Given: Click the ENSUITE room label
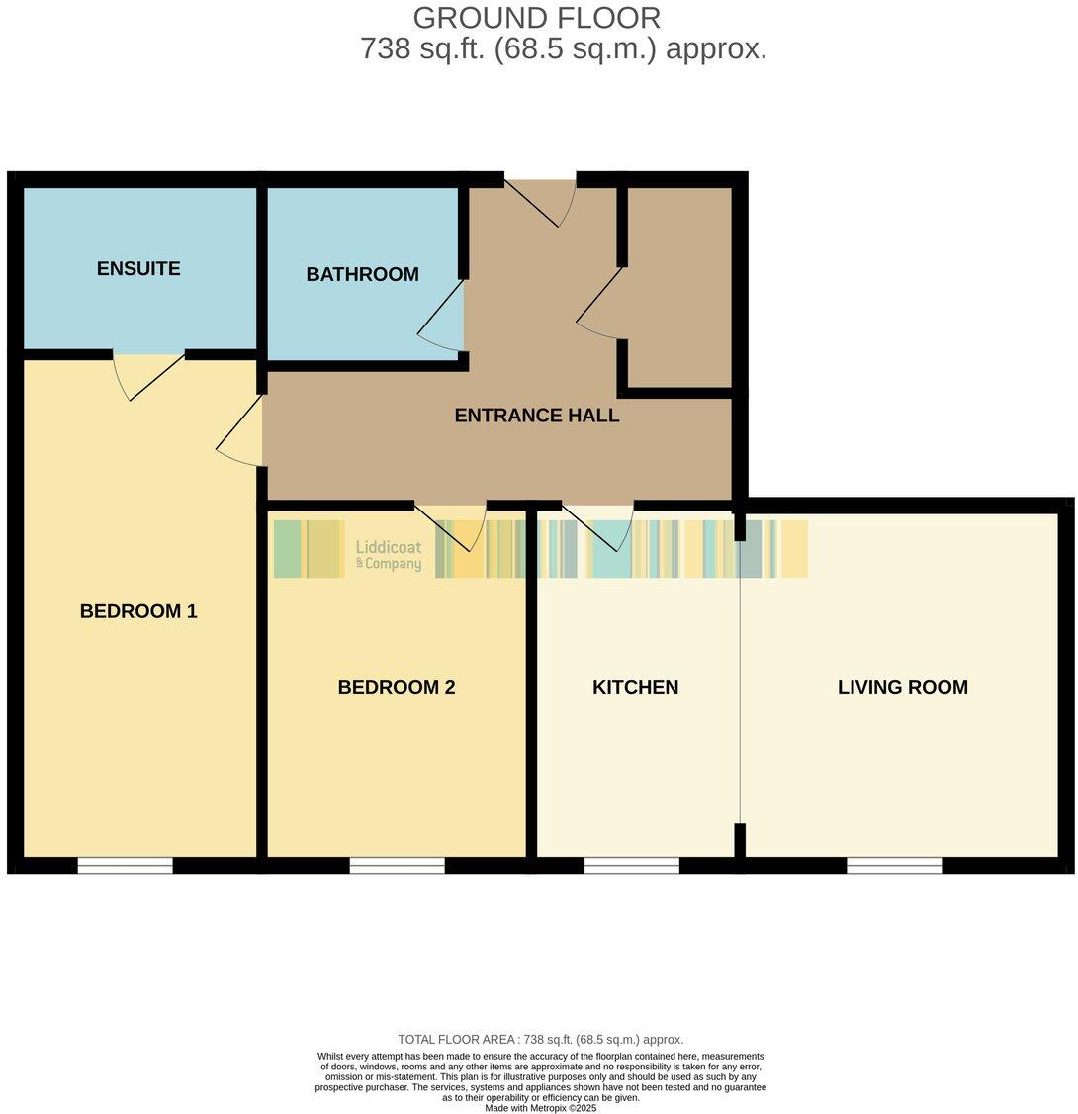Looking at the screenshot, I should pos(138,268).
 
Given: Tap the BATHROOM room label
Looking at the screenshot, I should pos(362,274).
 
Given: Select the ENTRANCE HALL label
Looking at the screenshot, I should pos(536,416).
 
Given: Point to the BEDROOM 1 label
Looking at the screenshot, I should pos(138,611).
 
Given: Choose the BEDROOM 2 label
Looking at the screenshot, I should pos(396,687).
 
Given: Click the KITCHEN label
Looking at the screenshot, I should pos(635,687).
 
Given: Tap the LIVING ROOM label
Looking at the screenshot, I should pos(902,687).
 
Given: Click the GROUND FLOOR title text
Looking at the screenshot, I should pos(536,18).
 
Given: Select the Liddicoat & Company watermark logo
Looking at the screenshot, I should pos(388,555).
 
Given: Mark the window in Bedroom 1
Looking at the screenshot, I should pos(125,866).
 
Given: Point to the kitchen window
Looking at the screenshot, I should pos(631,866).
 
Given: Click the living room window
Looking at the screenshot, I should pos(894,866).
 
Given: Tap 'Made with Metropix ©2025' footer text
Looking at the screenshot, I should pos(540,1108).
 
